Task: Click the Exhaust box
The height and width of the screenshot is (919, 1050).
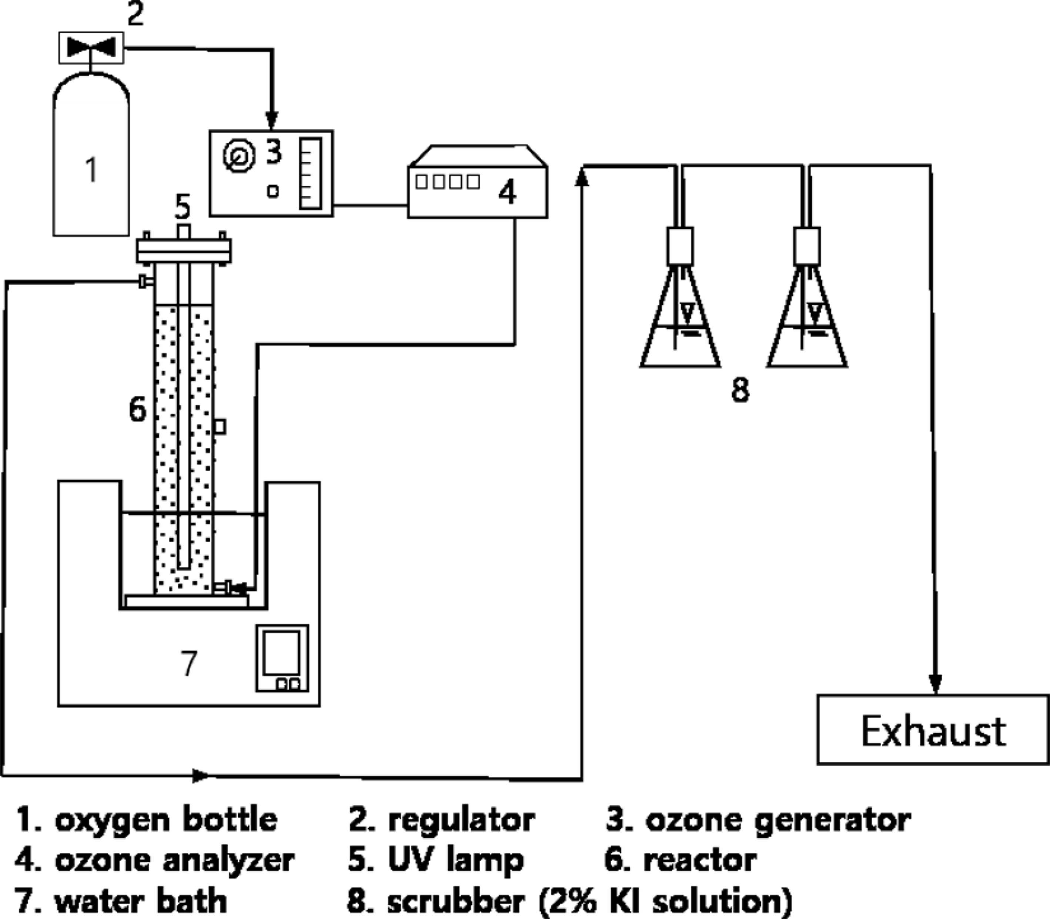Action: tap(933, 730)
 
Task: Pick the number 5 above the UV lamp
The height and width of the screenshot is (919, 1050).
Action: tap(183, 207)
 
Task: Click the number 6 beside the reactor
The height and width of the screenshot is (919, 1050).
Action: tap(137, 409)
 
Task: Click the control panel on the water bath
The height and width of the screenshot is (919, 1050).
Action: tap(282, 658)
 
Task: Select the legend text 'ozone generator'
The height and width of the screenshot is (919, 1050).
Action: tap(778, 820)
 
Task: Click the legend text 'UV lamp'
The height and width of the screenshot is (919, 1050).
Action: tap(456, 860)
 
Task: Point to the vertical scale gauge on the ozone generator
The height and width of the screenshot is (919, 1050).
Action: tap(311, 173)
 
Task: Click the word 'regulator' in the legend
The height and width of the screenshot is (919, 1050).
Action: tap(461, 820)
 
